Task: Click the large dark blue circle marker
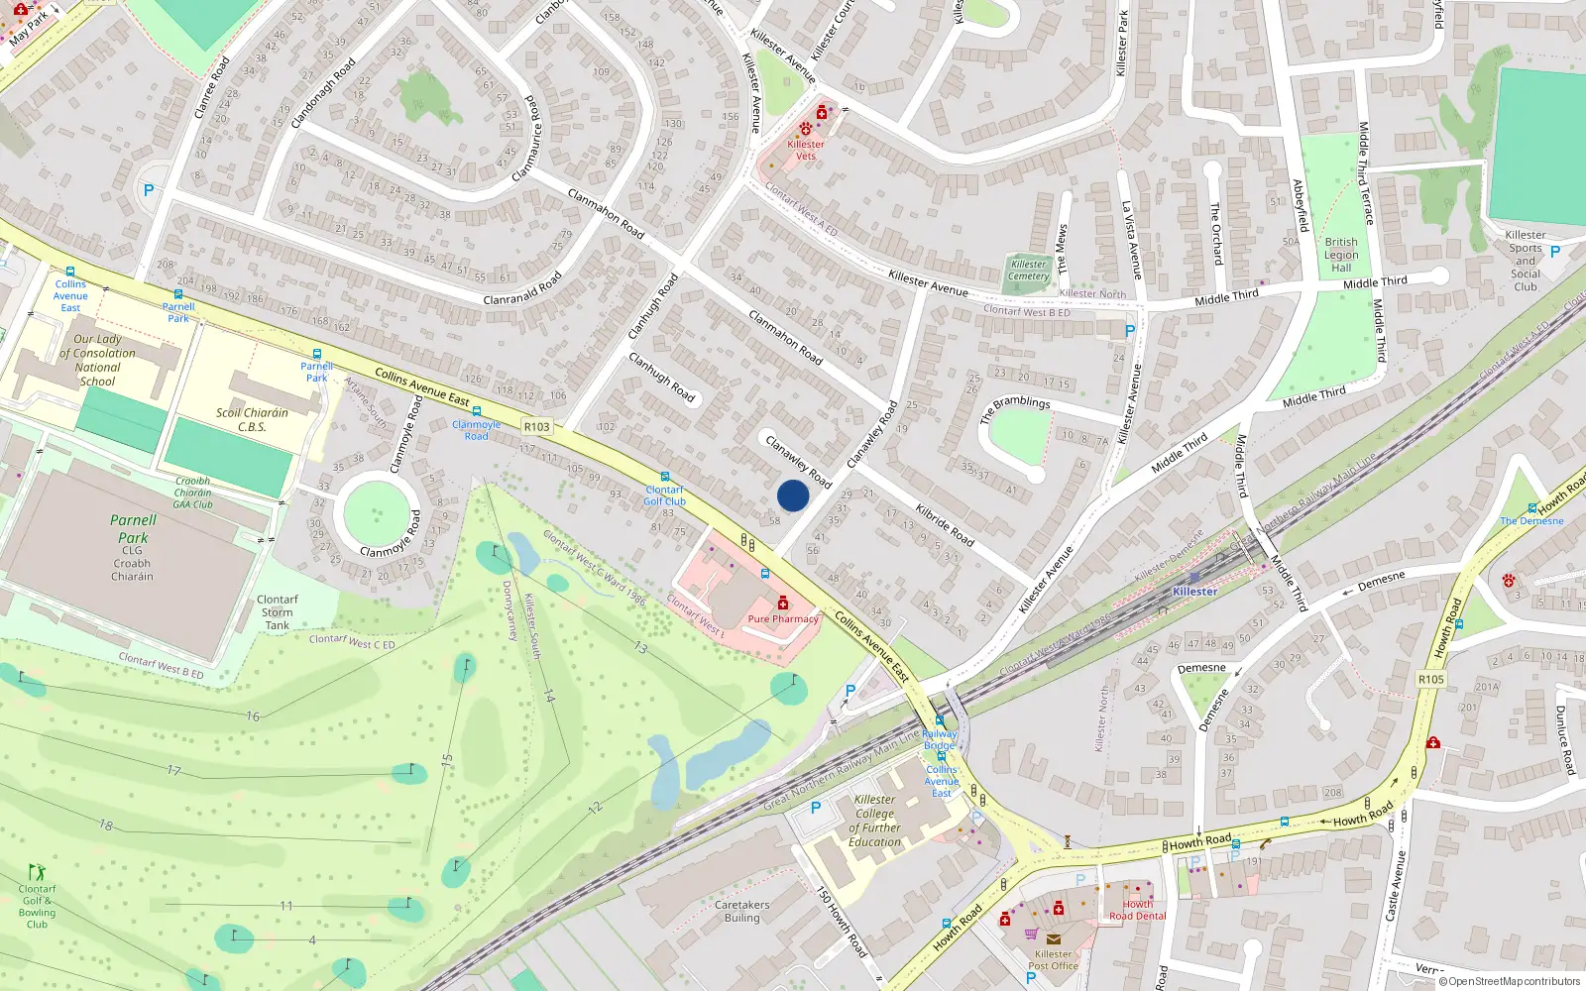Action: tap(793, 495)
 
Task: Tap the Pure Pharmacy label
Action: tap(783, 618)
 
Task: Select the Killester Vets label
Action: tap(806, 150)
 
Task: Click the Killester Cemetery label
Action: tap(1028, 270)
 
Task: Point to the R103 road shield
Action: tap(536, 427)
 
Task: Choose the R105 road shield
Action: tap(1431, 679)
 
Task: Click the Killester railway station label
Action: tap(1194, 592)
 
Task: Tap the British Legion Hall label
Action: tap(1341, 255)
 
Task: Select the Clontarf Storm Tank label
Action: tap(278, 612)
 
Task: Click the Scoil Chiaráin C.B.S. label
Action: tap(252, 420)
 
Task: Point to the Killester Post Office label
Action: tap(1053, 959)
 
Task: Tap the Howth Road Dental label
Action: tap(1137, 910)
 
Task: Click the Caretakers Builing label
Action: tap(741, 911)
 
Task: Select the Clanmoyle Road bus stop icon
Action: tap(477, 411)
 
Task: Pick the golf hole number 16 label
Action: tap(253, 716)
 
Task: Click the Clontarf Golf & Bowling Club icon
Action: tap(37, 872)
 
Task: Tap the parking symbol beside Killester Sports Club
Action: tap(1555, 252)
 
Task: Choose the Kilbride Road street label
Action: tap(945, 525)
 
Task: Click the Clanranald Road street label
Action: tap(522, 288)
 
